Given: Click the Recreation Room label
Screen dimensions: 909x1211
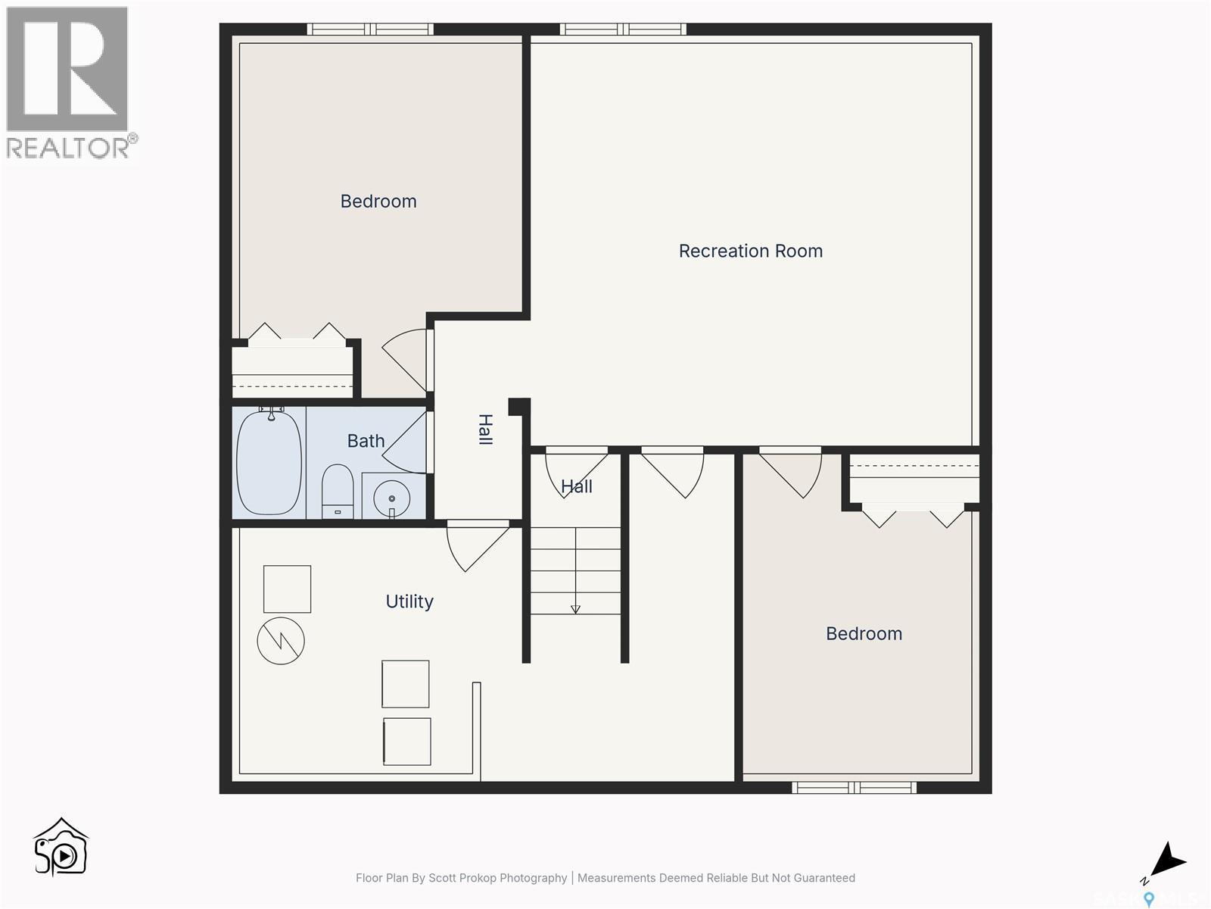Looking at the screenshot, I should coord(750,251).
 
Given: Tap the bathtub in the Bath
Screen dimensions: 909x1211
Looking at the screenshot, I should coord(269,463).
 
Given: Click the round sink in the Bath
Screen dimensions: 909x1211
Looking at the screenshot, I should coord(391,498).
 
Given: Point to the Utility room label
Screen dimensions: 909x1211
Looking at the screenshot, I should coord(409,601).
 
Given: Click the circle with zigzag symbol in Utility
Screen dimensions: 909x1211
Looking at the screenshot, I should coord(281,641).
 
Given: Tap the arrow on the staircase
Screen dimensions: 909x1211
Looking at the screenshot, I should coord(575,608).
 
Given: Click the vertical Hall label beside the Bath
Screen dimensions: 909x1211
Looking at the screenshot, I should coord(485,429).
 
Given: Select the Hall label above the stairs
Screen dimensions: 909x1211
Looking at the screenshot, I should coord(577,486).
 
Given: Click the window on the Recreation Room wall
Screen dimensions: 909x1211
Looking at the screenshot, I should coord(623,30).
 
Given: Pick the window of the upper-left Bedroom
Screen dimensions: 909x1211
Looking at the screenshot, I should coord(370,30).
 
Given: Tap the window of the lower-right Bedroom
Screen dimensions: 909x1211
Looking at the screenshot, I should coord(854,788).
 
